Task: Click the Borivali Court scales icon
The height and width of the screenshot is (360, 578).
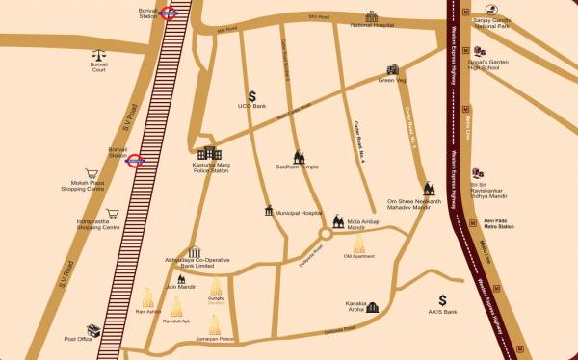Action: (97, 56)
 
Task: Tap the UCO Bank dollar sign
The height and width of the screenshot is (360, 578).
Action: (251, 96)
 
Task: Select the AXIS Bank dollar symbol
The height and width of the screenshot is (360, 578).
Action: (443, 300)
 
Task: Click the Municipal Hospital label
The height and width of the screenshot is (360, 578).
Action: (298, 212)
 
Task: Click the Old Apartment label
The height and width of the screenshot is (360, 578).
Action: (359, 256)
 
